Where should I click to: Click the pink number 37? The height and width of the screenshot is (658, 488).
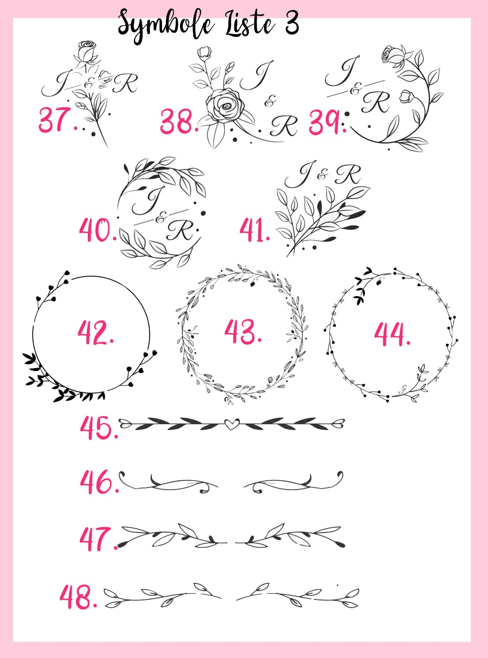[x=58, y=120]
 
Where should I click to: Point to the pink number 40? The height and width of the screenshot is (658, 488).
[x=98, y=229]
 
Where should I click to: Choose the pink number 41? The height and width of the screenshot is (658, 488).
[x=255, y=229]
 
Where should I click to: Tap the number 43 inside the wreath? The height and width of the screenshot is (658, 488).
[x=243, y=331]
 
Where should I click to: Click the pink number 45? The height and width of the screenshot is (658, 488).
[x=99, y=428]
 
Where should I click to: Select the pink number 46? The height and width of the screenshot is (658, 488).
[x=100, y=482]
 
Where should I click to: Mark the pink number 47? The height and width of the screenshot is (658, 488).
[x=99, y=539]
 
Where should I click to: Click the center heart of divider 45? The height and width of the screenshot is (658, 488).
[x=232, y=423]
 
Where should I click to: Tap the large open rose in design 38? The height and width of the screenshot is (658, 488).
[x=225, y=105]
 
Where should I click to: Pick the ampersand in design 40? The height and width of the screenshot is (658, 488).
[x=162, y=219]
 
